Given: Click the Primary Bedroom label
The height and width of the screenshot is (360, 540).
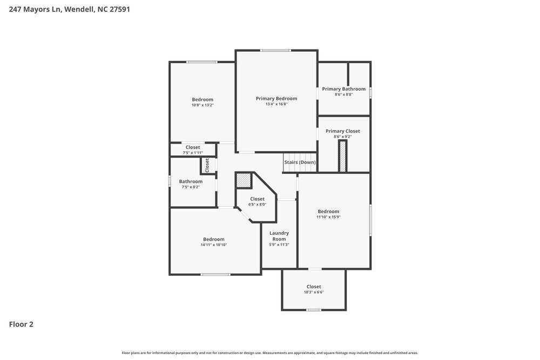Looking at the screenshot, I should point(276,98).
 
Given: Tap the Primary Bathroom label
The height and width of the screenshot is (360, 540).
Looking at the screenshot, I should point(343,89).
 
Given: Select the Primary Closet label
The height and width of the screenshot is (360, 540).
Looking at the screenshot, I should point(342,131).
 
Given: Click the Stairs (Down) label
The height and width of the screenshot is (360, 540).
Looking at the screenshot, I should point(300,162).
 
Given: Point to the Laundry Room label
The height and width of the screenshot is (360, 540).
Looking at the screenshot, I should point(279,236).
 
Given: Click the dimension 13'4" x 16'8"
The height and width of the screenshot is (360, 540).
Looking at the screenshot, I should point(276,104).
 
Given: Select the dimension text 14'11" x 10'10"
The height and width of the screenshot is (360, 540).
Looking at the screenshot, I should point(213,245).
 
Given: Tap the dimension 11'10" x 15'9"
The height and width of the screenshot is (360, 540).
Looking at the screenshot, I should point(328,217).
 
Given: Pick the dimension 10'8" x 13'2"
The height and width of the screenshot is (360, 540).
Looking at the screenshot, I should point(202,105).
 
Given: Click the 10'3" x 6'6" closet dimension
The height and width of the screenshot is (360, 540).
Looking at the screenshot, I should point(314,292).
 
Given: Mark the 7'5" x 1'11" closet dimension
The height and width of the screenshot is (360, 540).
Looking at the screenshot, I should point(193,153).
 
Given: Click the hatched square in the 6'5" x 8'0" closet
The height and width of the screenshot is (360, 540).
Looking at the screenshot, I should point(244,180).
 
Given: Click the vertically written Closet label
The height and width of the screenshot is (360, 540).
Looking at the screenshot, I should point(207,165).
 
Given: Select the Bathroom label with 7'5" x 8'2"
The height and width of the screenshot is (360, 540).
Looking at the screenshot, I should point(191,181).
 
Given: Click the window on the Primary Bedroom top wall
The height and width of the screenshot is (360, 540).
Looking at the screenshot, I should point(275,50).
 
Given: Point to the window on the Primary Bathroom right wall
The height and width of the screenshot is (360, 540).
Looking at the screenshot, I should point(370,92).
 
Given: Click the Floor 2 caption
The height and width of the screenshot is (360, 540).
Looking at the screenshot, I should point(21,324).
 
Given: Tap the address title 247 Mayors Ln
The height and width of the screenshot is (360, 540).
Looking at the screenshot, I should point(69,9).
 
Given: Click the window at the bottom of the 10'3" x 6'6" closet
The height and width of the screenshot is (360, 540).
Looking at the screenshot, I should point(314,310).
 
